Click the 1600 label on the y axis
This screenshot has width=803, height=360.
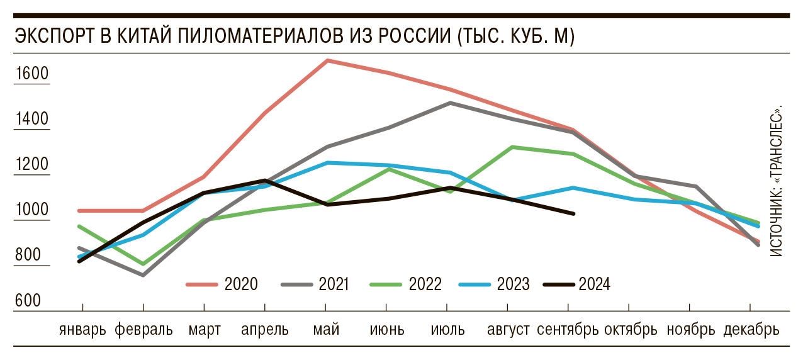(x=31, y=74)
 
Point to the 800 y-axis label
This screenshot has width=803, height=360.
(x=28, y=256)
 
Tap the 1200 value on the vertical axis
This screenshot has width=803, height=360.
(x=31, y=165)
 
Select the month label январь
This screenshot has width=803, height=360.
(x=83, y=329)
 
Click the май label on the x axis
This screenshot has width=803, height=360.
(x=325, y=329)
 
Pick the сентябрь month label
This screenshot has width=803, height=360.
(x=568, y=329)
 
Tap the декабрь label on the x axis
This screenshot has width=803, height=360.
(x=751, y=329)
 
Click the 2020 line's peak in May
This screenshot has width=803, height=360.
(x=327, y=60)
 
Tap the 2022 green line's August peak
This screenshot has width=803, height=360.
(x=511, y=147)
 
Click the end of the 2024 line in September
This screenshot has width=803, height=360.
(x=573, y=214)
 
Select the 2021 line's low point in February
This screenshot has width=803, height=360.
(x=143, y=275)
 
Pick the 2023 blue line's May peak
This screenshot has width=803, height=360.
(x=326, y=162)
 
